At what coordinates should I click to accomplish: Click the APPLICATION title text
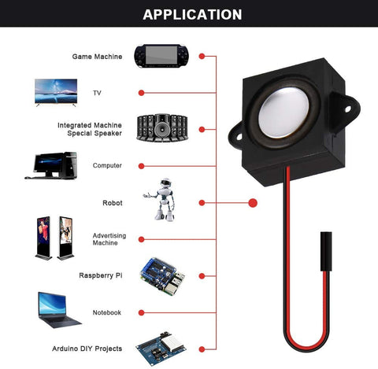[192, 14]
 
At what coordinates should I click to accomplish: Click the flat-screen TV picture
[57, 91]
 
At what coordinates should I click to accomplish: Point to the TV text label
[98, 93]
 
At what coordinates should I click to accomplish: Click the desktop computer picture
[54, 164]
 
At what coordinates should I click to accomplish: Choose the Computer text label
[107, 165]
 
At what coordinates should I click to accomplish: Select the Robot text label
[112, 203]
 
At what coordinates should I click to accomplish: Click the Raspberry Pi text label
[100, 275]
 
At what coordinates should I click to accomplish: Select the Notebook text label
[107, 312]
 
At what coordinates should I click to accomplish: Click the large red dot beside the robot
[253, 203]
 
